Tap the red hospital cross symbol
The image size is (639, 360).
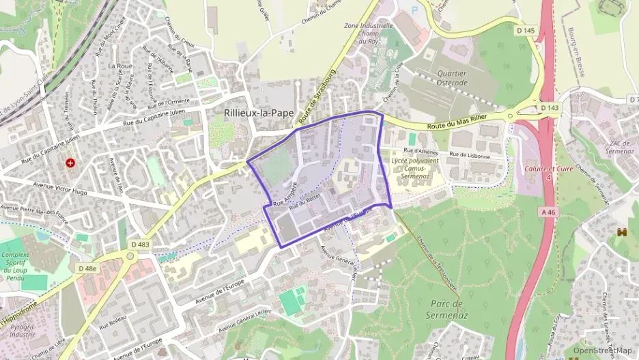tap(70, 163)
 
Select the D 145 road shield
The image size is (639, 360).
tap(526, 31)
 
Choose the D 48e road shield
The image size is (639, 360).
tap(87, 268)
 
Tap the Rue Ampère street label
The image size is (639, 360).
tap(285, 194)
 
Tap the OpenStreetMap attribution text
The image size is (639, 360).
tap(603, 350)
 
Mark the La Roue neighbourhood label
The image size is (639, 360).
tap(120, 66)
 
